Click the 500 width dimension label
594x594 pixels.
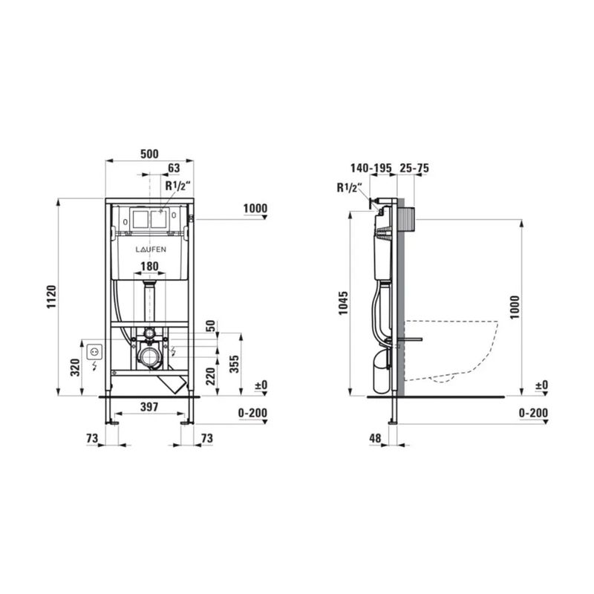point(149,154)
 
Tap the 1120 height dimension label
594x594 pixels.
point(51,296)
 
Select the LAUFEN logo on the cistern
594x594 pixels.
point(151,249)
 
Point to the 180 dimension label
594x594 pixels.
point(149,267)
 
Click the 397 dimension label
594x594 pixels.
point(149,406)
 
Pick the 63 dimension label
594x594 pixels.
point(174,168)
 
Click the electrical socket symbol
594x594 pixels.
point(94,352)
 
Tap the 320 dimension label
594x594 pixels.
point(76,367)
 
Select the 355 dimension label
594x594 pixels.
point(234,364)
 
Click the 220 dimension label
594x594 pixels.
point(210,376)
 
